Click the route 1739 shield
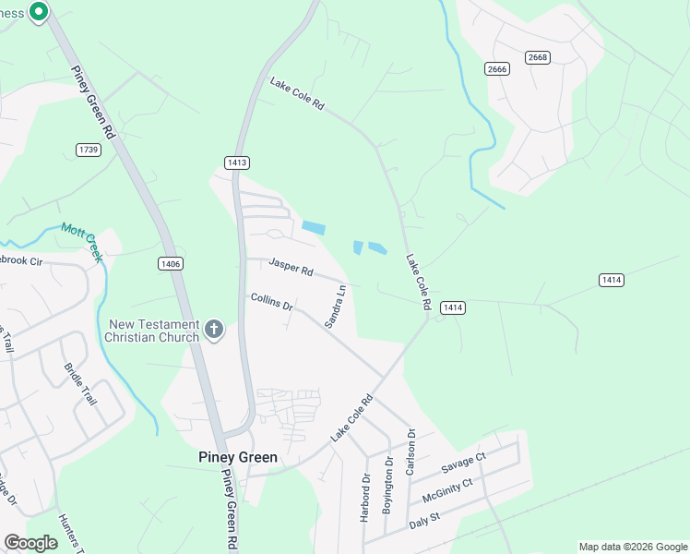pyautogui.click(x=89, y=150)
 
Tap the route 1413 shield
pyautogui.click(x=237, y=163)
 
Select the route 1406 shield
pyautogui.click(x=170, y=264)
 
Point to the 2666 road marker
pyautogui.click(x=497, y=69)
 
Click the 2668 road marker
pyautogui.click(x=538, y=57)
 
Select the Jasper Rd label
pyautogui.click(x=291, y=269)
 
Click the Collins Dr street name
pyautogui.click(x=271, y=302)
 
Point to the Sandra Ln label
pyautogui.click(x=336, y=307)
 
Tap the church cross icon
pyautogui.click(x=214, y=330)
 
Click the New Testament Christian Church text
pyautogui.click(x=153, y=331)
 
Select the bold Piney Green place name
pyautogui.click(x=238, y=457)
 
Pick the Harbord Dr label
pyautogui.click(x=365, y=498)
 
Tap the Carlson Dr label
pyautogui.click(x=411, y=452)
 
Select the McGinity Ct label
pyautogui.click(x=447, y=488)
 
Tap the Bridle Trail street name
pyautogui.click(x=79, y=385)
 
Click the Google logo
pyautogui.click(x=30, y=543)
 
